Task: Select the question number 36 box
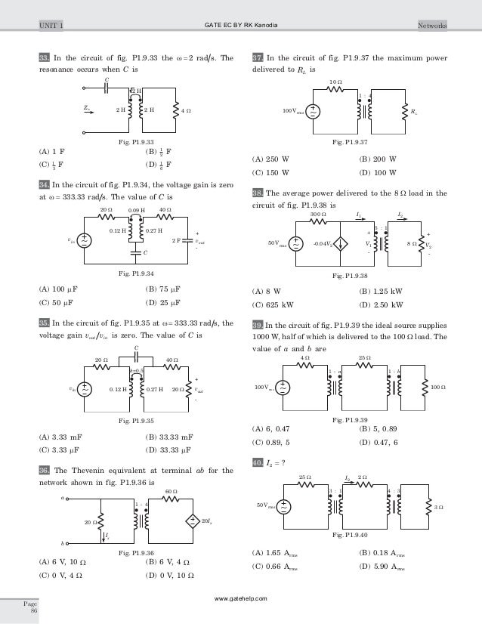coord(45,469)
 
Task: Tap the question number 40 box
coord(258,462)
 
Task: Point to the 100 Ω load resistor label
coord(438,387)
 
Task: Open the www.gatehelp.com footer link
coord(241,598)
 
